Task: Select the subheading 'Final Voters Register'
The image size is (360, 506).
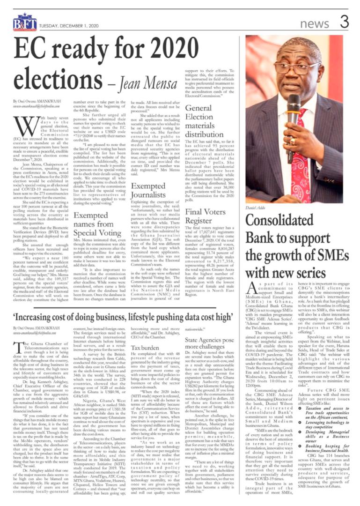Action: (205, 216)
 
